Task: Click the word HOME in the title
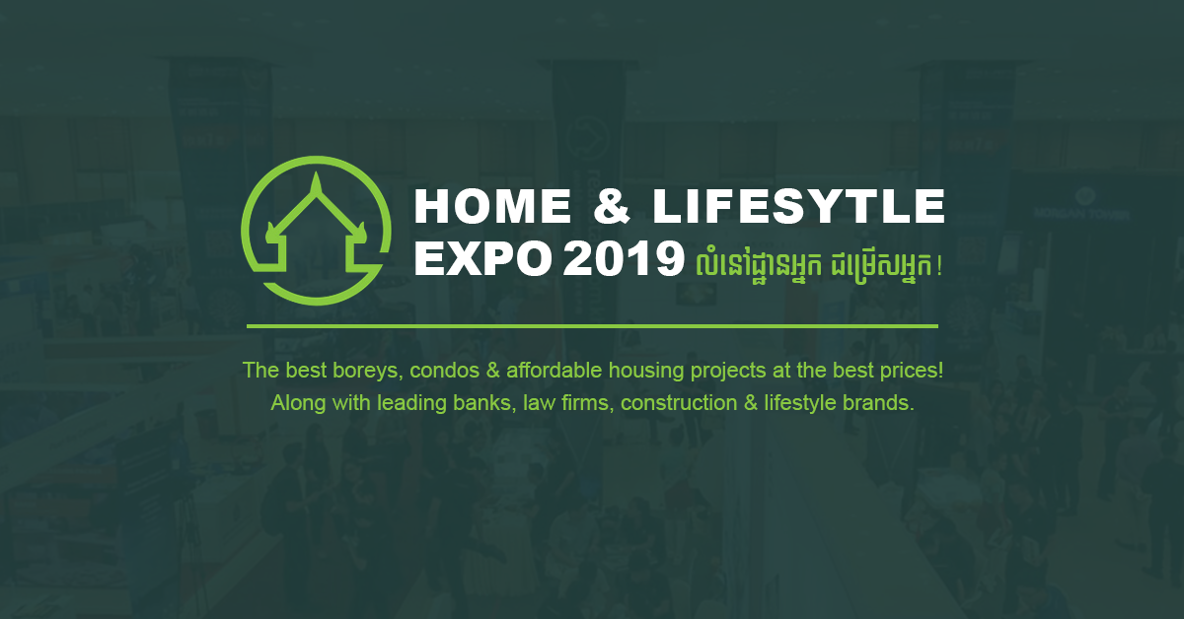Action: [x=492, y=206]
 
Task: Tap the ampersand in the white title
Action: [x=612, y=206]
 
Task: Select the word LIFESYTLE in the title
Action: [x=798, y=206]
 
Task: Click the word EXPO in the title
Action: [x=482, y=259]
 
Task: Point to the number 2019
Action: [x=624, y=259]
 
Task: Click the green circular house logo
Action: [x=316, y=231]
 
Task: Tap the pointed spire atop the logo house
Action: [x=316, y=183]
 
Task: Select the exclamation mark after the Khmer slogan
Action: [x=938, y=267]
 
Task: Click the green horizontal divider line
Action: [x=592, y=326]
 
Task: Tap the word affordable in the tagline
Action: [x=554, y=371]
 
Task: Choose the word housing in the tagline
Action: [x=646, y=371]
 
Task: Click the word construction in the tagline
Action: [x=679, y=403]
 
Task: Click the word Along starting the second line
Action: [x=298, y=403]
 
